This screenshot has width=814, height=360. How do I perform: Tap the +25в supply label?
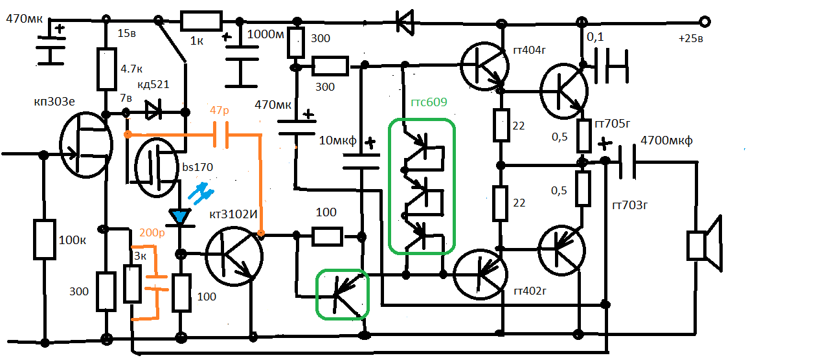(x=691, y=39)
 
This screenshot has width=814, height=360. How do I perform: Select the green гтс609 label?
(x=429, y=102)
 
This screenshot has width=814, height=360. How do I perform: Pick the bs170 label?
(x=198, y=168)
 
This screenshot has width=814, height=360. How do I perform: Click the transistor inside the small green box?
(x=343, y=295)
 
